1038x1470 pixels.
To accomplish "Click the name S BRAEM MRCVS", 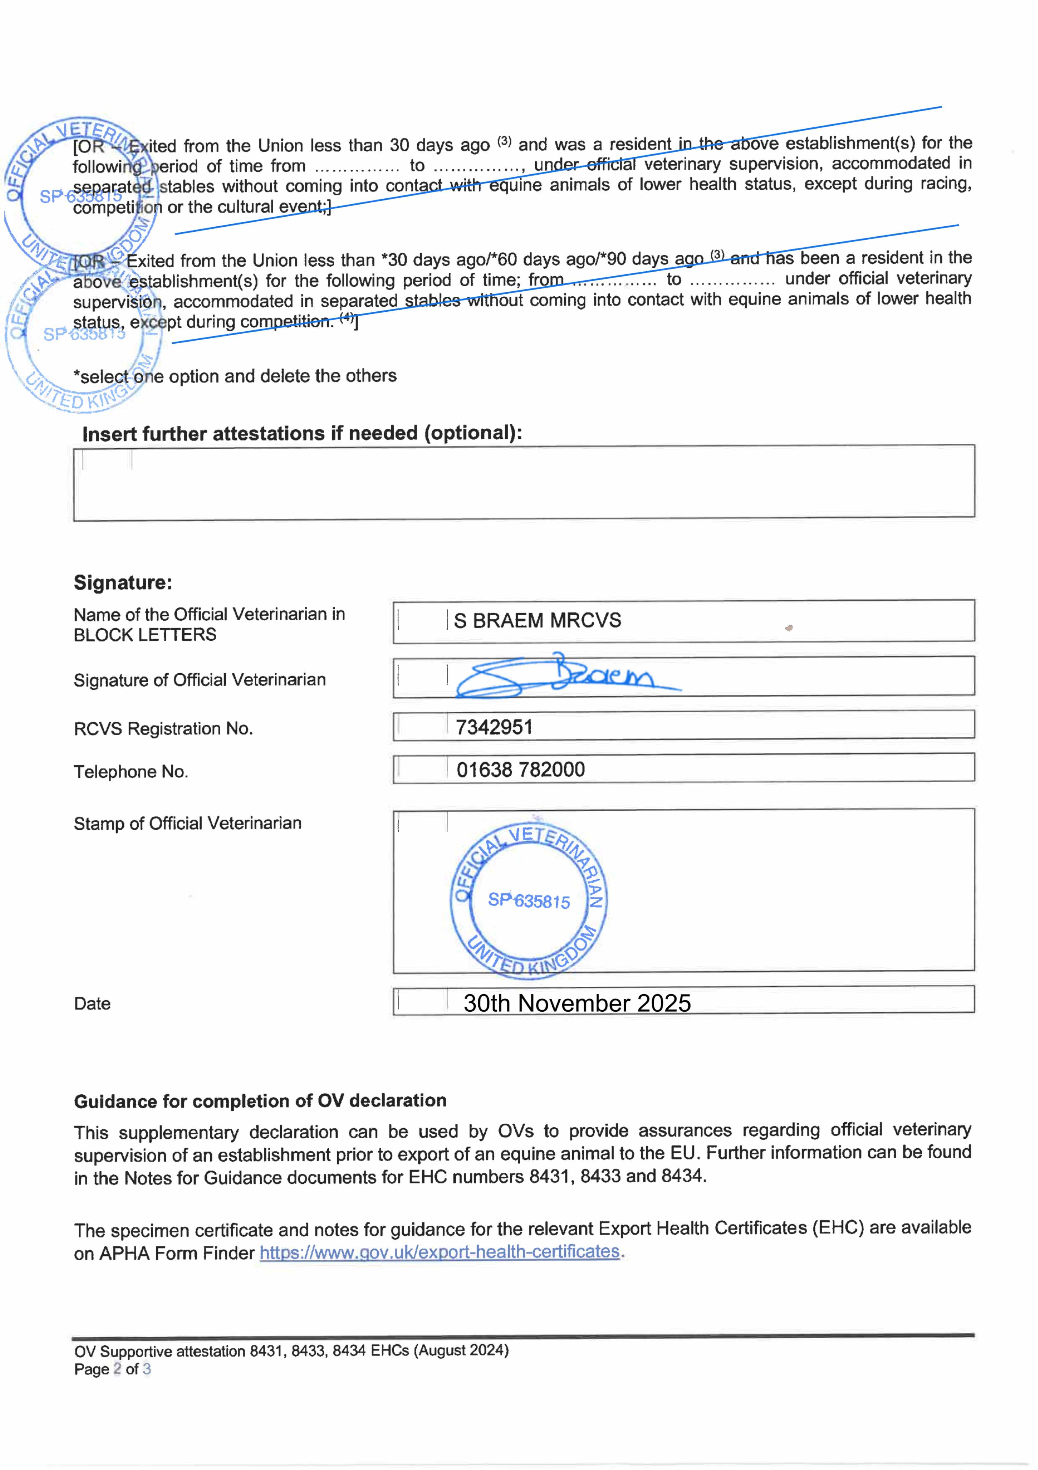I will pyautogui.click(x=537, y=620).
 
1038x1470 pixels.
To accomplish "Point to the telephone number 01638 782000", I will pyautogui.click(x=520, y=770).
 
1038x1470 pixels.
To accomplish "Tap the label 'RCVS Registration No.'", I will pyautogui.click(x=163, y=729).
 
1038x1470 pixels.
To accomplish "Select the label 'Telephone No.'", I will pyautogui.click(x=130, y=771).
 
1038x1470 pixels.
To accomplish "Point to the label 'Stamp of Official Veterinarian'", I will pyautogui.click(x=187, y=823).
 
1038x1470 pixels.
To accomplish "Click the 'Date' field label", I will pyautogui.click(x=92, y=1004).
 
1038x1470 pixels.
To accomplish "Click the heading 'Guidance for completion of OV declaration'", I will pyautogui.click(x=260, y=1101).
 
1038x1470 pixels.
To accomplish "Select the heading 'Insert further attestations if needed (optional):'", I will pyautogui.click(x=302, y=433).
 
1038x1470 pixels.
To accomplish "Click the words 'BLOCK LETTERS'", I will pyautogui.click(x=145, y=635).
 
